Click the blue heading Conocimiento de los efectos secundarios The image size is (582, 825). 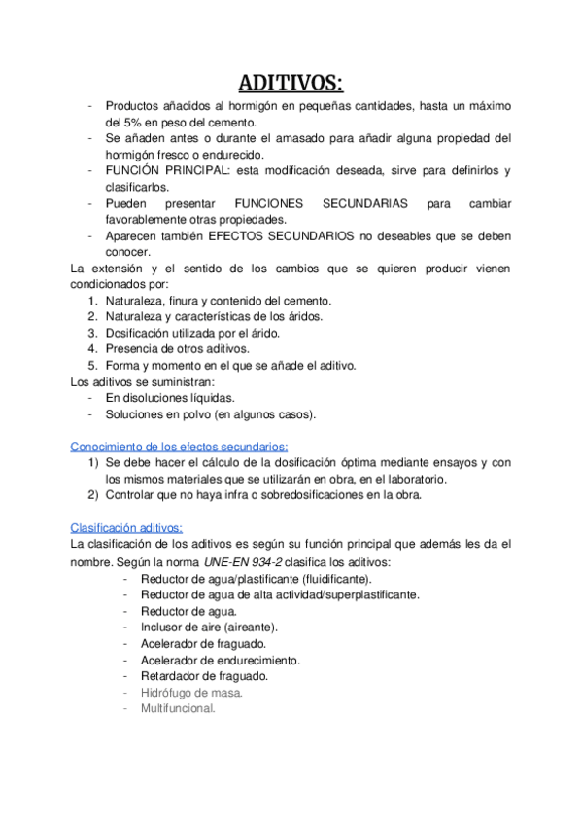[172, 445]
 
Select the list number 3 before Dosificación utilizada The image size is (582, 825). [91, 333]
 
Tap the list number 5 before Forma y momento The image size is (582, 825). [91, 365]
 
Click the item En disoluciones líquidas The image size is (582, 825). [170, 397]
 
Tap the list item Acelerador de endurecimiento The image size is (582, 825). [220, 660]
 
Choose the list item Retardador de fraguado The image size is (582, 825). [204, 676]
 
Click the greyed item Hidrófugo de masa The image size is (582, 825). [191, 692]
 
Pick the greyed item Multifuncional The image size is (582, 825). [178, 708]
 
